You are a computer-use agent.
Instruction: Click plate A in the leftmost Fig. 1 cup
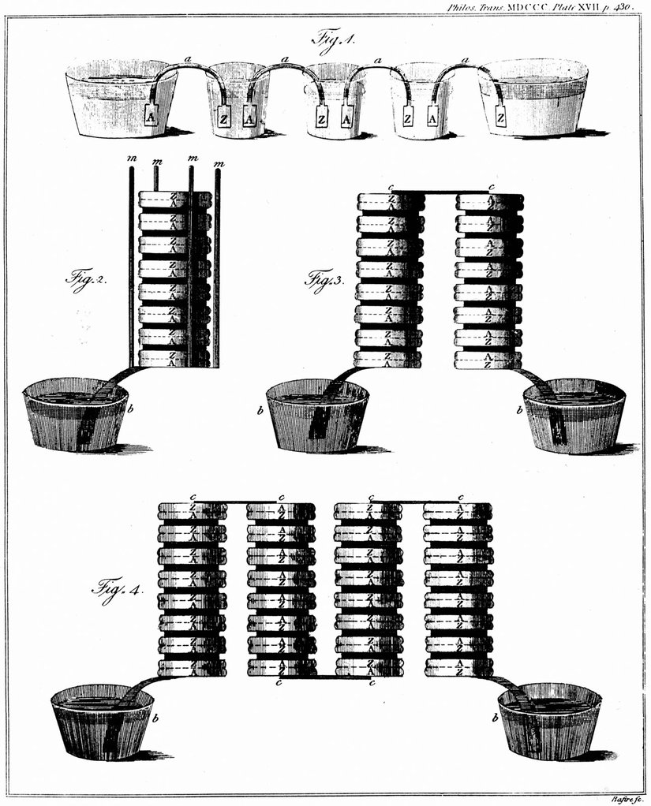coord(151,117)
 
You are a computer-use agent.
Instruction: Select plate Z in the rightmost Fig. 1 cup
coord(501,117)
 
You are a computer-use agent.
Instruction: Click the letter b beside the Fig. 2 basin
coord(130,410)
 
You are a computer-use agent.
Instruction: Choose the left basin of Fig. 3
coord(317,416)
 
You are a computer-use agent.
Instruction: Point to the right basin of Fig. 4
coord(549,722)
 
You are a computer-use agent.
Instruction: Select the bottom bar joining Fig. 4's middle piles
coord(325,677)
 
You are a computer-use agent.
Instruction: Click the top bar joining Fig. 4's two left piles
coord(236,502)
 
